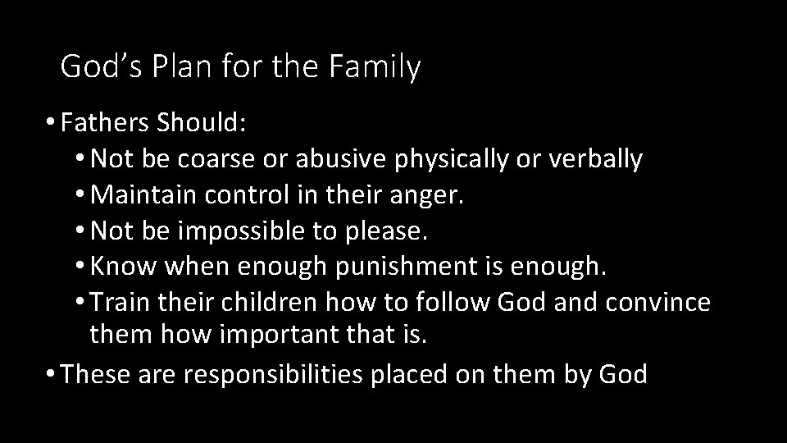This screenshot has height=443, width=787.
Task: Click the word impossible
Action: coord(239,232)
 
